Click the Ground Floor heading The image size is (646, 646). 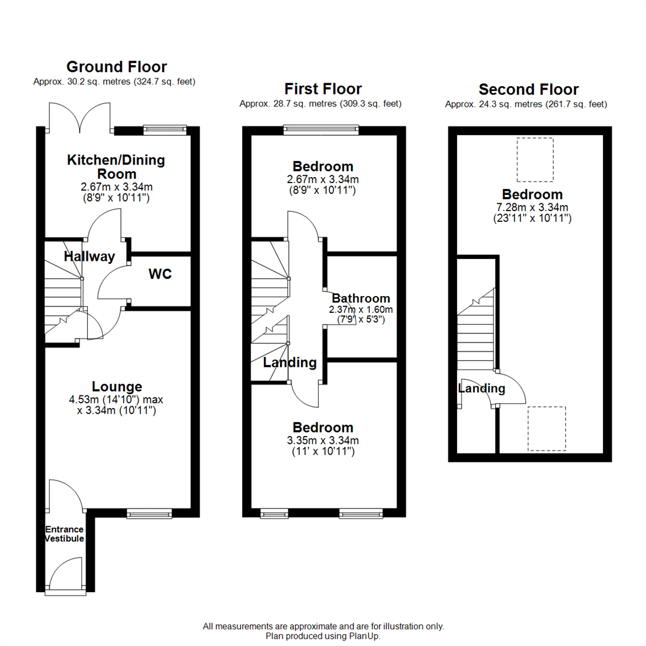tap(117, 66)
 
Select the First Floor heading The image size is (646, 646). tap(323, 89)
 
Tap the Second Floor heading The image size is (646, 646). tap(529, 90)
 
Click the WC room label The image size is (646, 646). tap(160, 275)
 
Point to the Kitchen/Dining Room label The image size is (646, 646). tap(115, 167)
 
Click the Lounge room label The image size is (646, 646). tap(117, 386)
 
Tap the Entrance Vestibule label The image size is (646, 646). tap(65, 534)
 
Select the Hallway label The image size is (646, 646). tap(90, 257)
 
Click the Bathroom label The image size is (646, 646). tap(361, 298)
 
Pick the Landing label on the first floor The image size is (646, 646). tap(290, 362)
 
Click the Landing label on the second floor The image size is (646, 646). tap(482, 389)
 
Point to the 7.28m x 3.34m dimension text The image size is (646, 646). tap(532, 208)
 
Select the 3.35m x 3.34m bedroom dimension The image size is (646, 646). tap(323, 441)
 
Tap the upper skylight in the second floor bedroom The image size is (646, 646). tap(535, 159)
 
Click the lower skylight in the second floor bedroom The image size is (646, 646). tap(546, 428)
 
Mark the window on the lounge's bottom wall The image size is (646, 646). tap(149, 513)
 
